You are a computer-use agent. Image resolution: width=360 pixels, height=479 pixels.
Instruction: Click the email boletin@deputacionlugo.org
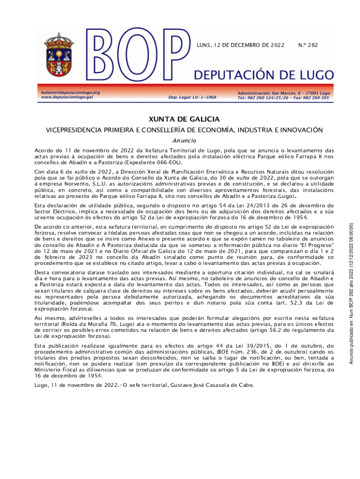tap(71, 93)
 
